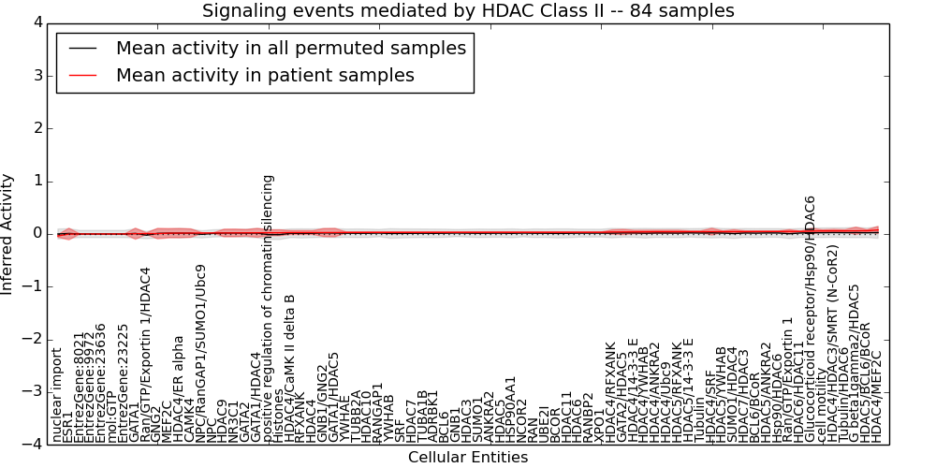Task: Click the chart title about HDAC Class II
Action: point(468,10)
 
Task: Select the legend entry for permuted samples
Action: point(291,48)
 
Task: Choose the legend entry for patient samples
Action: point(265,75)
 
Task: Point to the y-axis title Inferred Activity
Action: point(7,234)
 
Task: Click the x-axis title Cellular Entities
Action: point(468,457)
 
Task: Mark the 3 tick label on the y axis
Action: point(37,75)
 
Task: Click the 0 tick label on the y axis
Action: point(37,233)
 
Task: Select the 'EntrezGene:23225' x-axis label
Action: point(124,384)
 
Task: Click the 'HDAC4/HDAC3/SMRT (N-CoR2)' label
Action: point(832,365)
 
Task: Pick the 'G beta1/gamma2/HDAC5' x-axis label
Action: point(854,365)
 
